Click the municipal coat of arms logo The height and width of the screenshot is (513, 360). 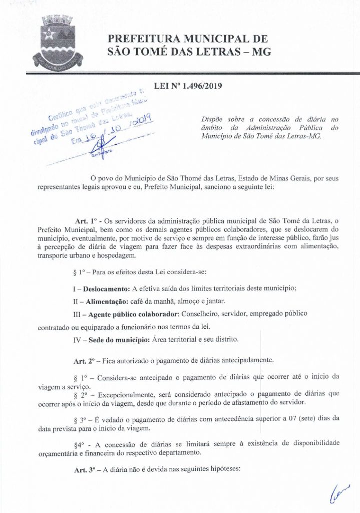pos(56,42)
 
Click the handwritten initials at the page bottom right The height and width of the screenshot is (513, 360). pos(338,494)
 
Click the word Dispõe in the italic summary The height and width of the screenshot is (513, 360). pos(211,119)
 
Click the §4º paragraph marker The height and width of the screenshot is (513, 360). pos(79,442)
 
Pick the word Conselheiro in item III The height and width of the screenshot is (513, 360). pos(185,314)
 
